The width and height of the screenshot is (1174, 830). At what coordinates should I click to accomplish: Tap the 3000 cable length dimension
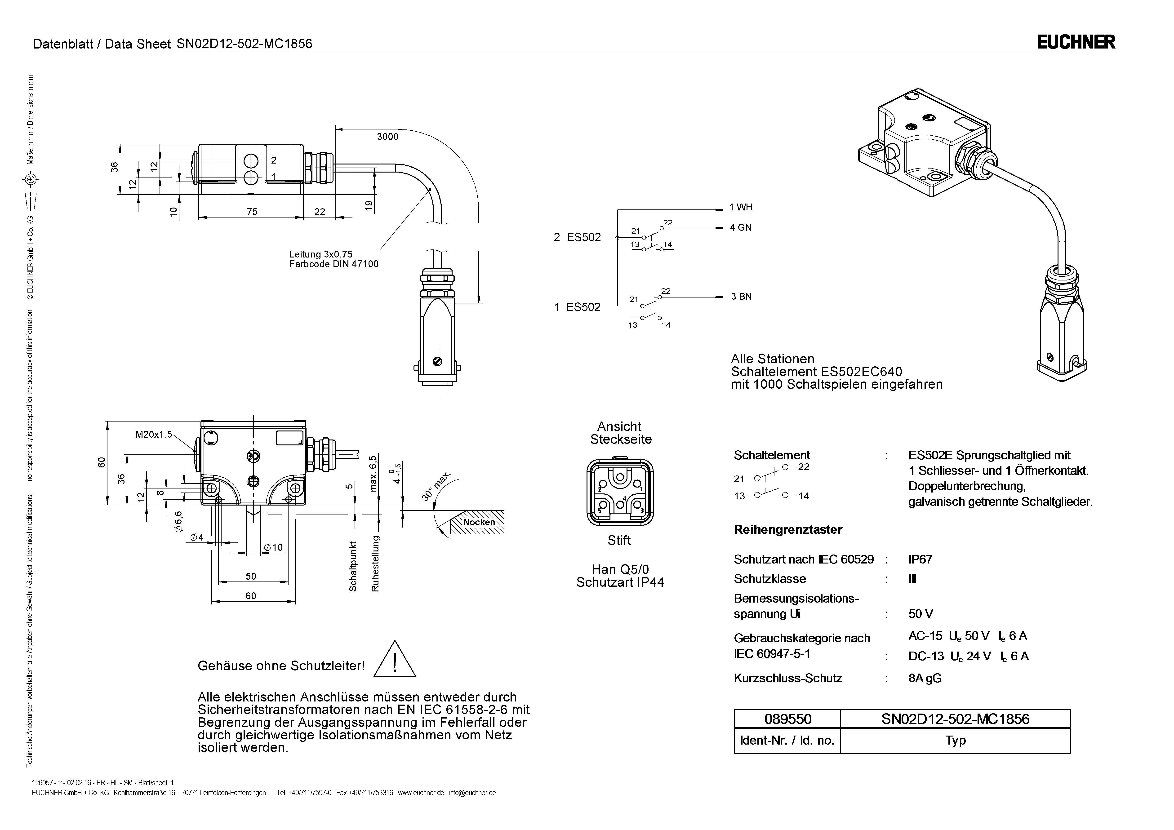tap(387, 137)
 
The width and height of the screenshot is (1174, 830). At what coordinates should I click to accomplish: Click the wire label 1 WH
tap(741, 207)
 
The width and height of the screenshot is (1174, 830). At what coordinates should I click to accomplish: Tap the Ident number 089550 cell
tap(787, 719)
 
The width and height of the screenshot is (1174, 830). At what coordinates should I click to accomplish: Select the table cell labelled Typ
tap(955, 741)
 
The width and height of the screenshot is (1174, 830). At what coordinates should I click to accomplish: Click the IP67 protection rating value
tap(921, 559)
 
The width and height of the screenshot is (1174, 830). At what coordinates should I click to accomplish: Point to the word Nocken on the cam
tap(479, 522)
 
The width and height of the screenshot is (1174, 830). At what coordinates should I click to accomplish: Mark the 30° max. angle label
tap(436, 486)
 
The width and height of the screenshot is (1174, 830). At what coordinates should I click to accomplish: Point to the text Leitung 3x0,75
tap(320, 254)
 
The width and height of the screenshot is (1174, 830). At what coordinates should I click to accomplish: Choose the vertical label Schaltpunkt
tap(353, 567)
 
